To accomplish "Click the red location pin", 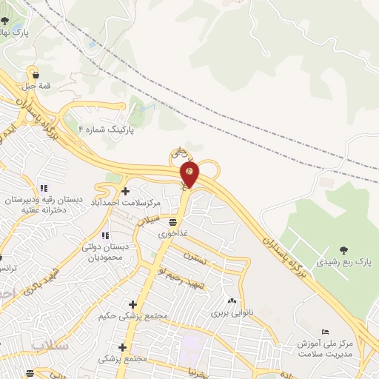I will tap(189, 174).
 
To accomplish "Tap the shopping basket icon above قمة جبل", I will tap(34, 73).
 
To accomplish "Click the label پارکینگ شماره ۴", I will tap(108, 129).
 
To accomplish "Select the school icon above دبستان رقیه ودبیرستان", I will tap(44, 187).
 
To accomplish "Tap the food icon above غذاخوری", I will tap(173, 221).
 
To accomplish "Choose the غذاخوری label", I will tap(172, 233).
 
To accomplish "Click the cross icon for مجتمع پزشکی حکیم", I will tap(133, 304).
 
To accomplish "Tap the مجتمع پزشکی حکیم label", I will tap(133, 316).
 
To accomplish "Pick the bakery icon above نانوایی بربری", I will tap(232, 301).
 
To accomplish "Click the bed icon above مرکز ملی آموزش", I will tap(326, 331).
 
